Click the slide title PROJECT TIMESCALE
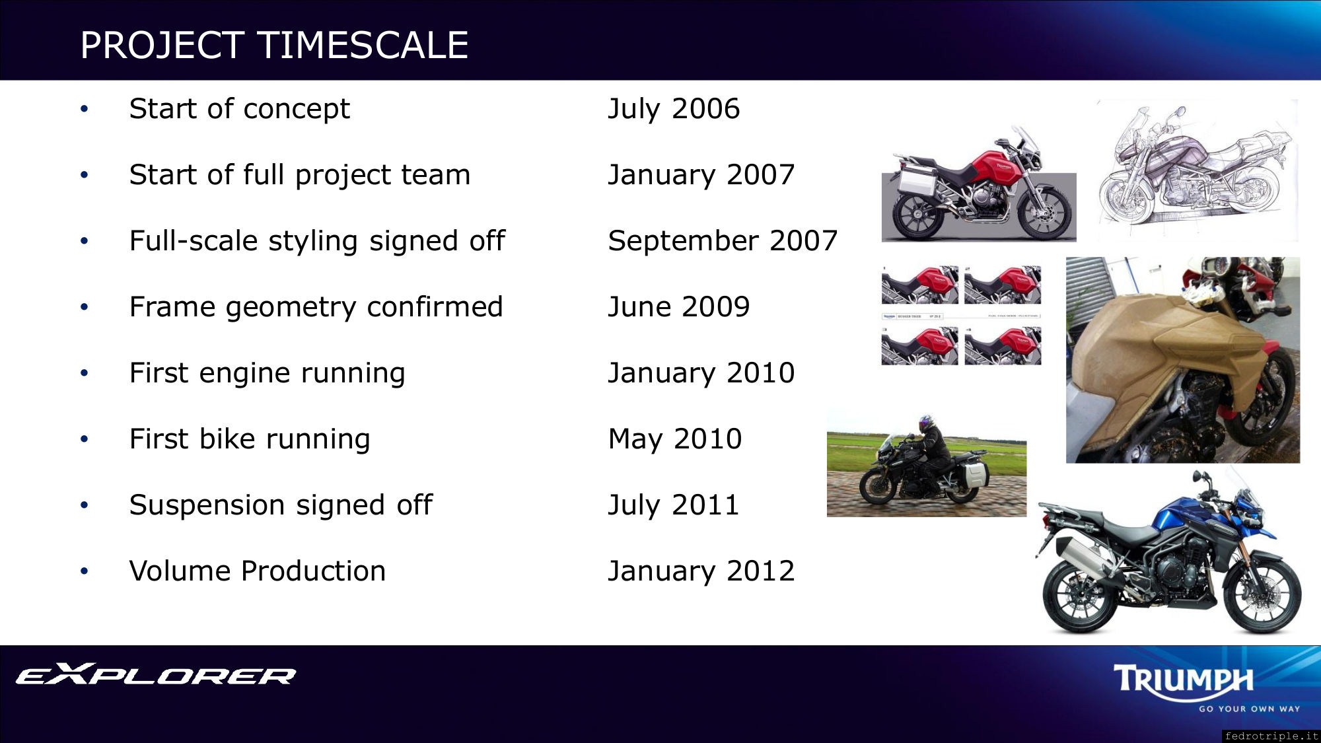coord(274,45)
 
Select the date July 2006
coord(674,109)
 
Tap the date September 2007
coord(723,241)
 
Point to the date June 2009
coord(679,307)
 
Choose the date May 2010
coord(675,439)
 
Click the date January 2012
coord(701,571)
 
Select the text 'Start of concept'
coord(239,109)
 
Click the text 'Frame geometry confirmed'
coord(316,307)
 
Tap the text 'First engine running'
coord(267,373)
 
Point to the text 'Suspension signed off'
coord(281,505)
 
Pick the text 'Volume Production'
coord(258,571)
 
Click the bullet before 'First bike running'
coord(84,439)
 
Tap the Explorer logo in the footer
coord(155,674)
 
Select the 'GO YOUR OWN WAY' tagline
coord(1250,709)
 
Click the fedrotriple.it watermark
coord(1271,736)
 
